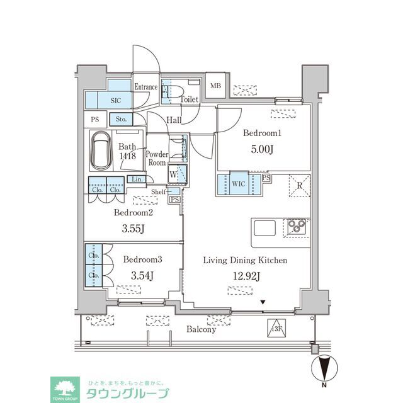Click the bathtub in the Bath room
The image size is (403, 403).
tap(100, 151)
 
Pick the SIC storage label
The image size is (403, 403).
tap(116, 100)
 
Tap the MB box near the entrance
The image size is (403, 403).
tap(215, 86)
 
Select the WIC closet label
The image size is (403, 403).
tap(239, 184)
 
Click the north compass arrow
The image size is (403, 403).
tap(323, 366)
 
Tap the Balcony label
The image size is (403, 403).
tap(201, 329)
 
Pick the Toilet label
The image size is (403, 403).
tap(190, 99)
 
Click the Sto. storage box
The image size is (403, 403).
tap(120, 118)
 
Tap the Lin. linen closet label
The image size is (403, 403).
tap(135, 179)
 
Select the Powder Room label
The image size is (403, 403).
tap(156, 158)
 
